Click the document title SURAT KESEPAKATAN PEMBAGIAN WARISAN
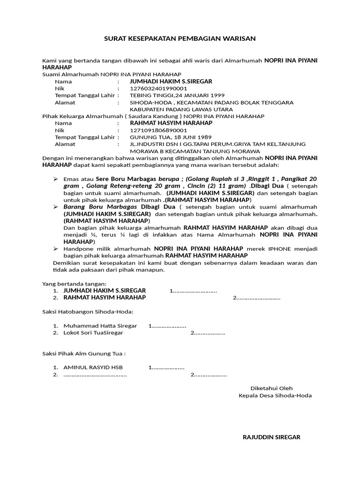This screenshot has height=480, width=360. [180, 38]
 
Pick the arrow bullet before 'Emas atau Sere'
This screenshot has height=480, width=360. [55, 179]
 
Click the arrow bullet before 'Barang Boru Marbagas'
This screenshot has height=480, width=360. [55, 207]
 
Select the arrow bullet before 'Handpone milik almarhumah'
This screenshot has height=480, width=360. [55, 248]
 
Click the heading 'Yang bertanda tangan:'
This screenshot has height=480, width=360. [75, 284]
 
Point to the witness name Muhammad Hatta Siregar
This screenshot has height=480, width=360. [100, 326]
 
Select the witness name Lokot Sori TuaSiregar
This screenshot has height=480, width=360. [93, 333]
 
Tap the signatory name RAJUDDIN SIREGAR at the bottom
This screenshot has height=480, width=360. [271, 437]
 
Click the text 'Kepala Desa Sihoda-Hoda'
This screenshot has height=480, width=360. [275, 395]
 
